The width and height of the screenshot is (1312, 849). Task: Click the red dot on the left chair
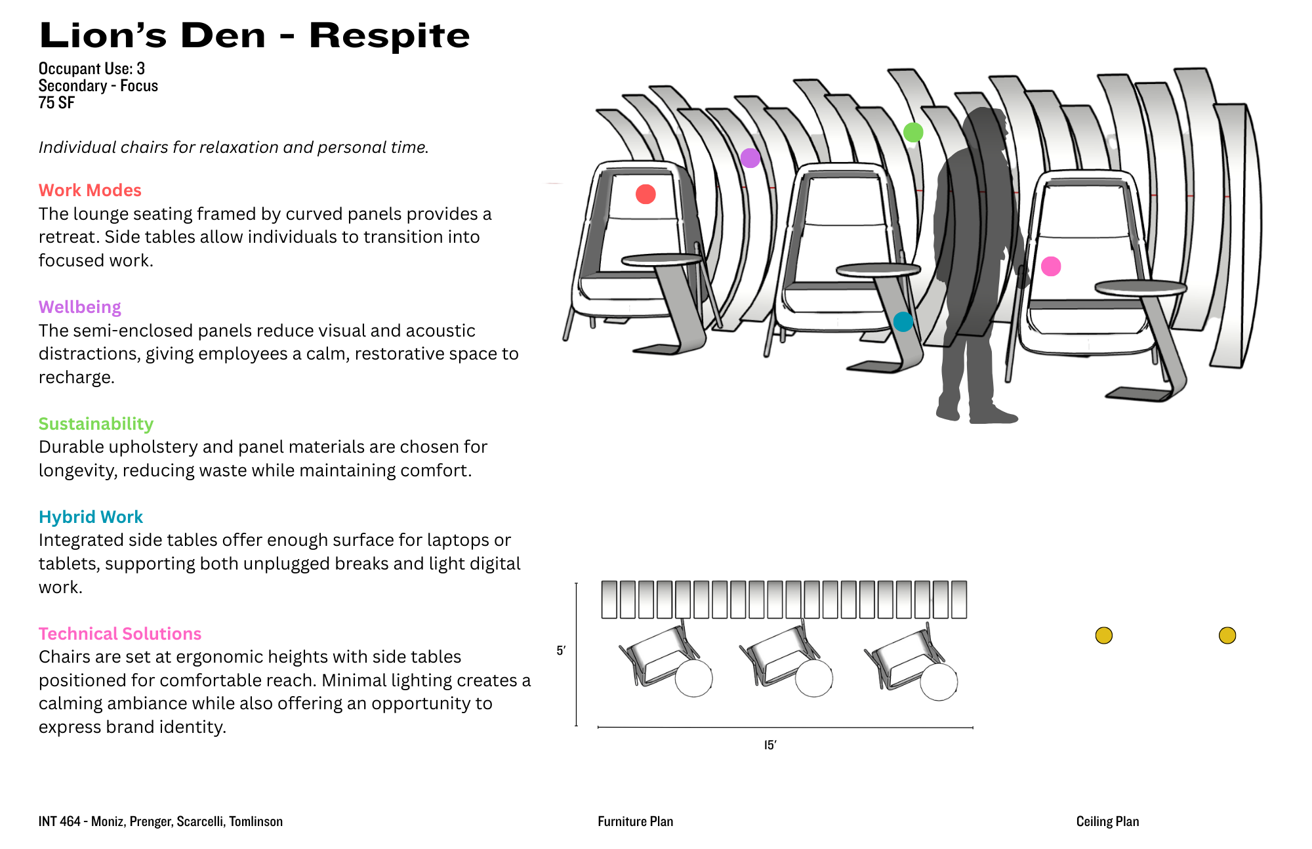coord(646,194)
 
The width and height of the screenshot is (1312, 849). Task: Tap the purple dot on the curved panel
coord(750,158)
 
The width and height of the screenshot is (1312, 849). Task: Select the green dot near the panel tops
coord(913,133)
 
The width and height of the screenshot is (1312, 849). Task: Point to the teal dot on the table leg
coord(903,321)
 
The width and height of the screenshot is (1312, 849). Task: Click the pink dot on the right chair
coord(1051,266)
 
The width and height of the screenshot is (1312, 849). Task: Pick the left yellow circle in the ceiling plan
coord(1104,635)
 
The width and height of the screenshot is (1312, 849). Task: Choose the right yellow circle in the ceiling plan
coord(1227,635)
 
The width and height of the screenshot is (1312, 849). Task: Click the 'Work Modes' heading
coord(90,190)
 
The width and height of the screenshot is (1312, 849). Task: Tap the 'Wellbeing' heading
coord(80,307)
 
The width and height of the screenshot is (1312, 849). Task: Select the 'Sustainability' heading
coord(96,424)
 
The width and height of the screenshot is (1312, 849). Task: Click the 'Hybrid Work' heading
coord(91,517)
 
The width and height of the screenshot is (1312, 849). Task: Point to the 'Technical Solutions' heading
coord(120,634)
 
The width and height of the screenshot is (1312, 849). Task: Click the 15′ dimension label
coord(770,745)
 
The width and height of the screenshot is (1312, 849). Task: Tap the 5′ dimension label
coord(561,651)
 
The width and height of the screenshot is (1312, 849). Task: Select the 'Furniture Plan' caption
coord(635,821)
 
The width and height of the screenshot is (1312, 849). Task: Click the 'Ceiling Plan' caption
coord(1107,821)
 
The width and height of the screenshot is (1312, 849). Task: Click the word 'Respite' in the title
coord(390,35)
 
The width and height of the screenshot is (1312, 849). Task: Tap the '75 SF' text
coord(56,103)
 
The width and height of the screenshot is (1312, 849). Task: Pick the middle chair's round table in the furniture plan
coord(814,678)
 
